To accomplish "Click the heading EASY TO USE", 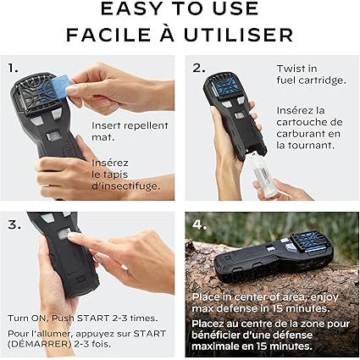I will click(x=180, y=10).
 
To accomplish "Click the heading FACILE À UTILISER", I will click(x=180, y=35).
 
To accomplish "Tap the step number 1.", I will click(x=13, y=68).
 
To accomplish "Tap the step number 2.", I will click(x=198, y=68).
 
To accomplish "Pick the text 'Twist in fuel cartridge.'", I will click(x=310, y=75).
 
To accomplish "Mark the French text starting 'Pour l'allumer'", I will click(x=88, y=339).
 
